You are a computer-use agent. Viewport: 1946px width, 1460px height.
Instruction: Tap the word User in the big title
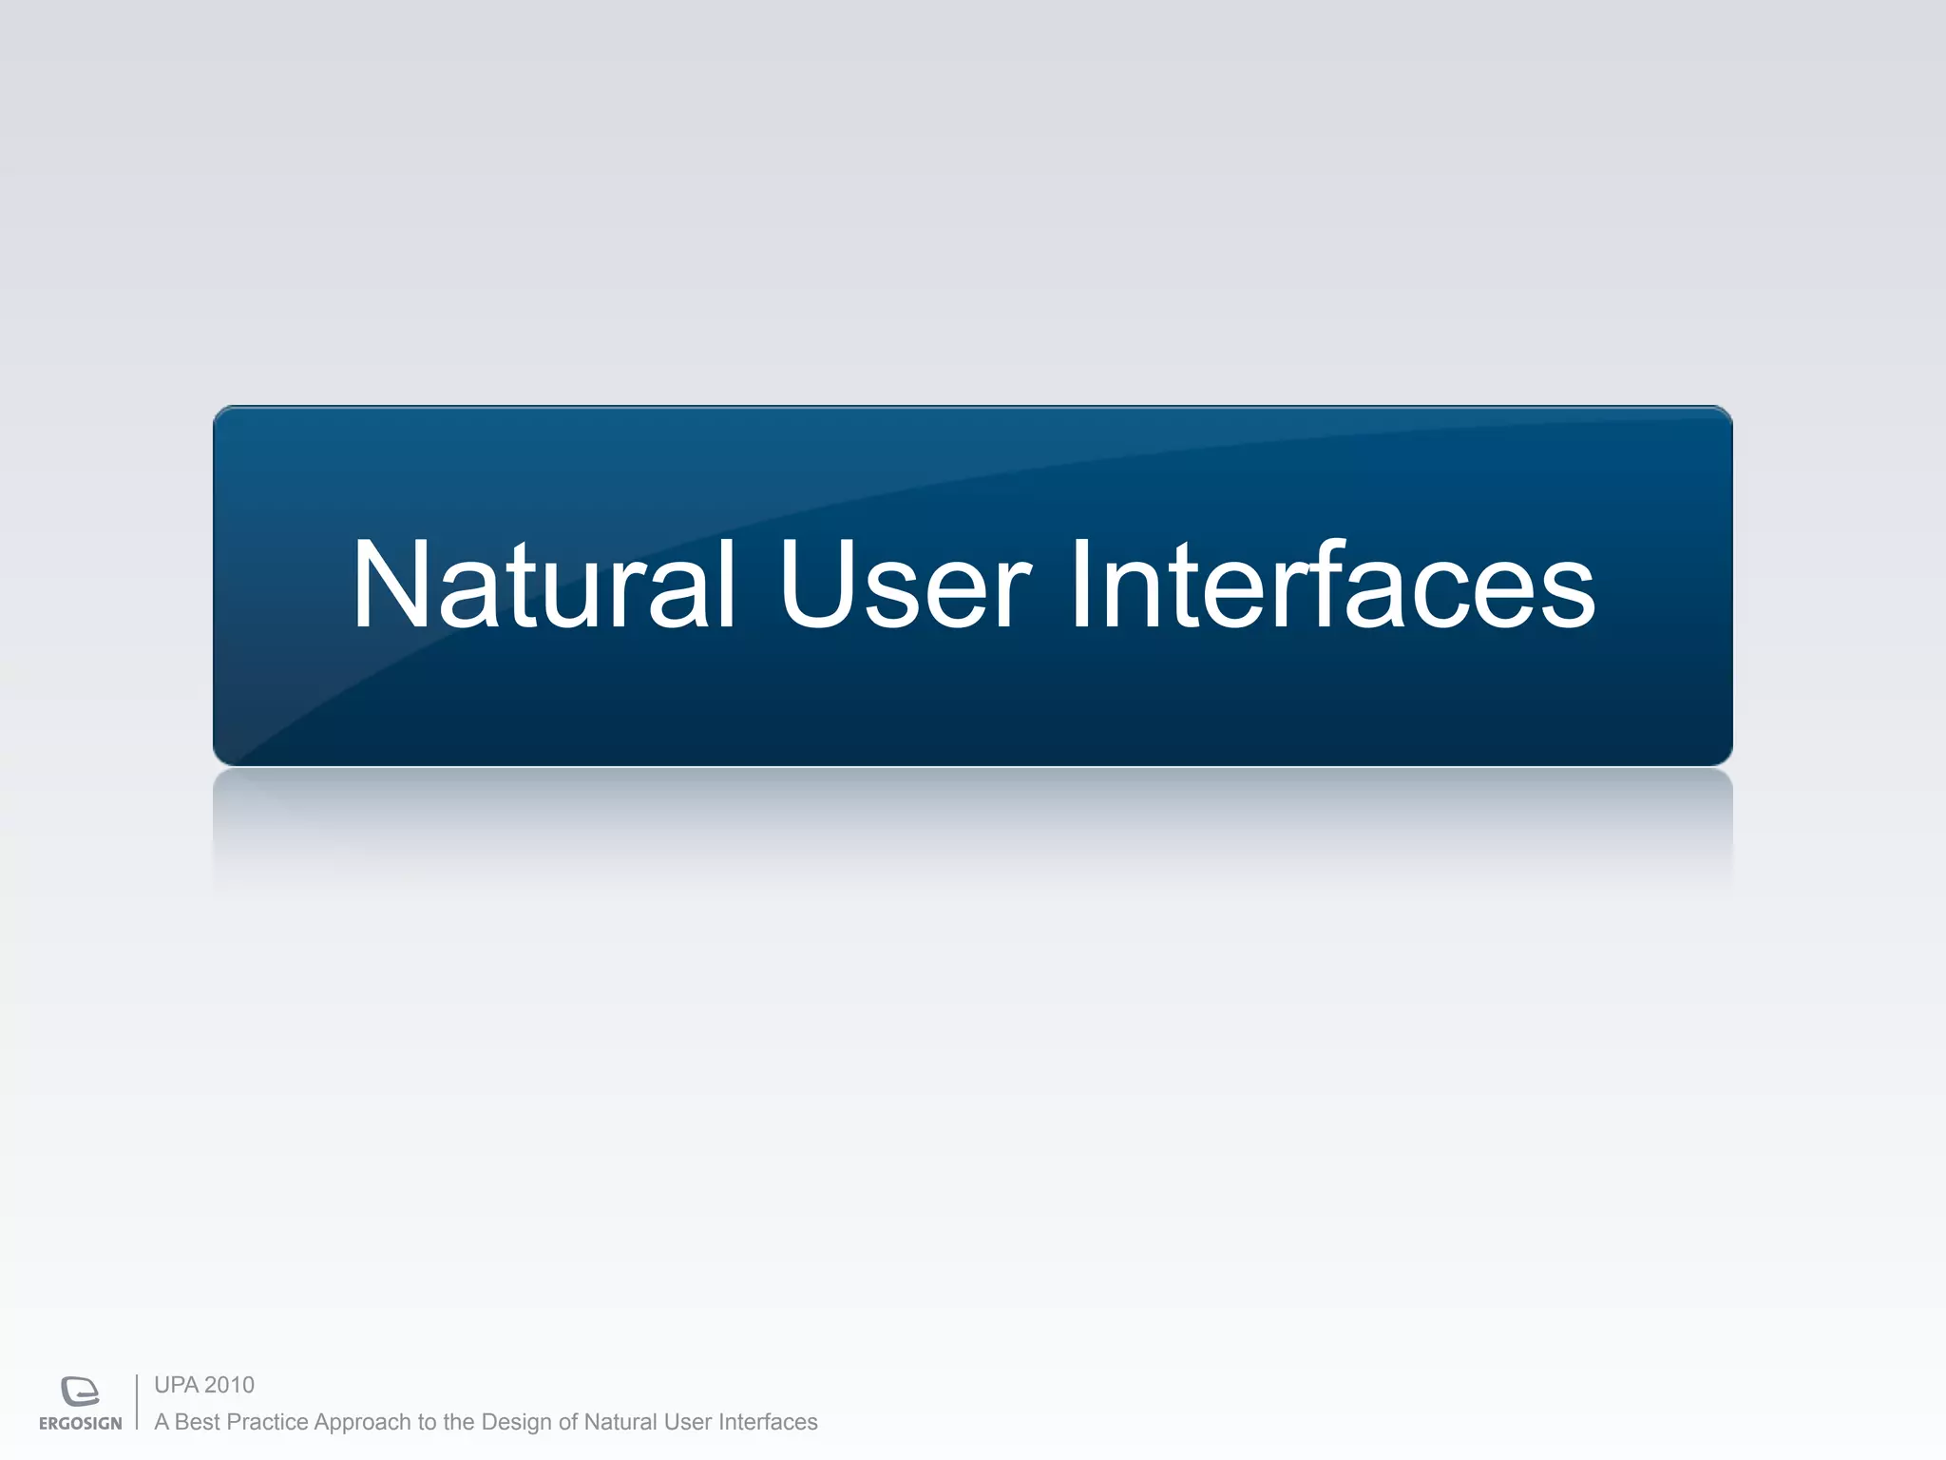coord(905,585)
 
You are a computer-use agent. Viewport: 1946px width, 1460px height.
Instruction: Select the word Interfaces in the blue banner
coord(1332,585)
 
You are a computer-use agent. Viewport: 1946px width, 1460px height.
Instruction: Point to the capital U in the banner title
coord(815,585)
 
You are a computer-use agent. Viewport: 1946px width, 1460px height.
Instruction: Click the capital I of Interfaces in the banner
coord(1081,585)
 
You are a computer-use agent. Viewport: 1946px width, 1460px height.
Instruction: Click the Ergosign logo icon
coord(80,1391)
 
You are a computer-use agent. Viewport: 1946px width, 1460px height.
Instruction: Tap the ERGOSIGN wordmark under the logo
coord(81,1424)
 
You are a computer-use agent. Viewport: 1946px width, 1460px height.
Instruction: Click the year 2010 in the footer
coord(230,1385)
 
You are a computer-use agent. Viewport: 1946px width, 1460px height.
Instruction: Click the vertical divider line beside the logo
coord(137,1402)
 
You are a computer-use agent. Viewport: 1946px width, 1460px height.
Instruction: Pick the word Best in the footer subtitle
coord(198,1422)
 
